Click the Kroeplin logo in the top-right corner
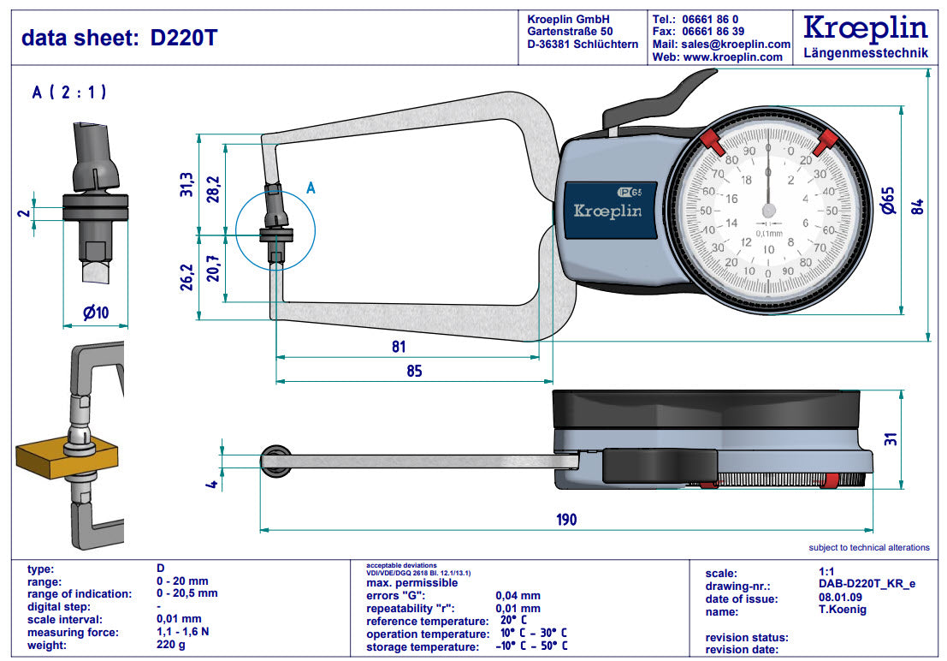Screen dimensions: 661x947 pos(866,29)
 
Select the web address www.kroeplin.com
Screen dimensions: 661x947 pos(733,57)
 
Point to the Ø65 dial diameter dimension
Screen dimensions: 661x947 pos(887,204)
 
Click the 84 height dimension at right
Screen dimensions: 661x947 pos(917,206)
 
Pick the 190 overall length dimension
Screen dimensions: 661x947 pos(565,519)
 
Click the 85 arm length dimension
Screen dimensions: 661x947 pos(414,372)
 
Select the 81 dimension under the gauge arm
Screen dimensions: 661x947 pos(399,347)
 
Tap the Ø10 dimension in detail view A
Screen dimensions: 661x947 pos(95,313)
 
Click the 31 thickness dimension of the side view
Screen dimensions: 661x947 pos(890,439)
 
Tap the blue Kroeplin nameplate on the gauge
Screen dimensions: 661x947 pos(607,211)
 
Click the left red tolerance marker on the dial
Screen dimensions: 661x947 pos(711,141)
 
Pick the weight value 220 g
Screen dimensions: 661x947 pos(170,645)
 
